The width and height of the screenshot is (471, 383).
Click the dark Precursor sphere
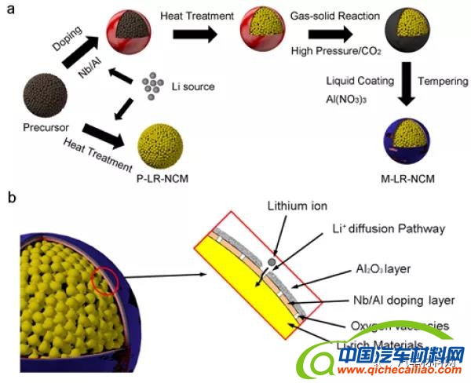(49, 96)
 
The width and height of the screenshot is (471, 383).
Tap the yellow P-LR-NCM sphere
(162, 148)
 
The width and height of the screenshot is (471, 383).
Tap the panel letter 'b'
(11, 198)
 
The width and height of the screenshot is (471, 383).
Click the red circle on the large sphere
(108, 276)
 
